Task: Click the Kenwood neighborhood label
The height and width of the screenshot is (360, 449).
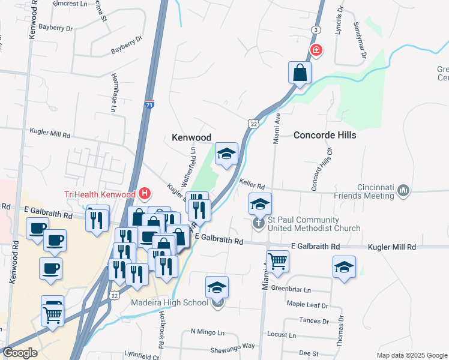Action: (x=191, y=137)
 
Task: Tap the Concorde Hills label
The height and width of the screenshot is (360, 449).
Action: (x=325, y=135)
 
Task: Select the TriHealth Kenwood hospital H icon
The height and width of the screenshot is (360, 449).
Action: (x=145, y=194)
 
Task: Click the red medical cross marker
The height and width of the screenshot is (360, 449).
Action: (x=316, y=50)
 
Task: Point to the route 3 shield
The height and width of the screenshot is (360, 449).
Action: (x=315, y=29)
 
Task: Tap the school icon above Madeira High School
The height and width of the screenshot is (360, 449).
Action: (x=217, y=287)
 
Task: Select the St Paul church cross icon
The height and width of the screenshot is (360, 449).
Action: (x=259, y=224)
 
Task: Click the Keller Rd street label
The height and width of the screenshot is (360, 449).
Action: (x=252, y=185)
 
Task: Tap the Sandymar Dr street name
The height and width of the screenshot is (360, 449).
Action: (x=360, y=40)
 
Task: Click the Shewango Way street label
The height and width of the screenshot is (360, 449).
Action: (x=232, y=346)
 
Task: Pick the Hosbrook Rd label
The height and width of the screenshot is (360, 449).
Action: (x=162, y=326)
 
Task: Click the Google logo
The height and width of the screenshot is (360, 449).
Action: (x=20, y=353)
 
